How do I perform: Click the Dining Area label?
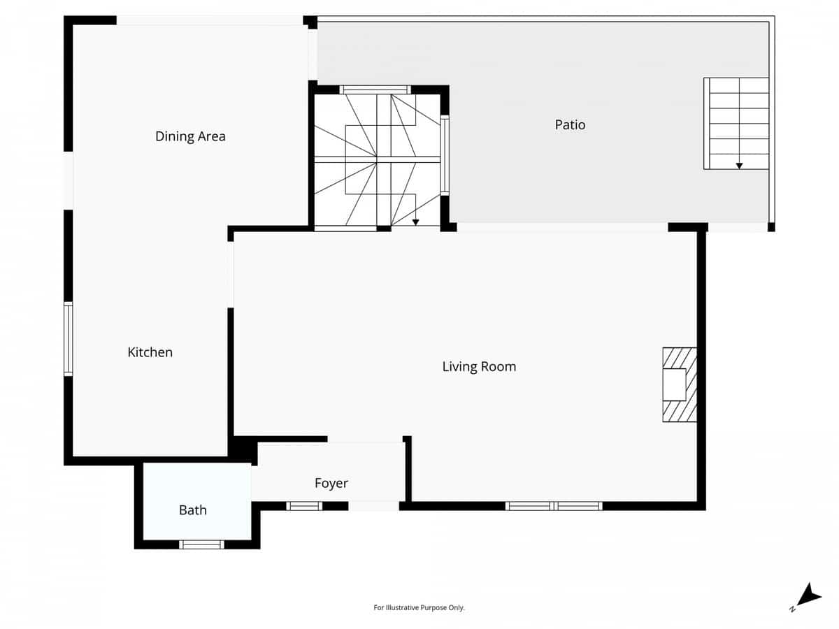[x=190, y=136]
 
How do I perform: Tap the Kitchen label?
[x=150, y=352]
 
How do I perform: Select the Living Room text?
[x=479, y=366]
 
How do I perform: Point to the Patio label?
[x=570, y=125]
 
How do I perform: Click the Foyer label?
[x=331, y=483]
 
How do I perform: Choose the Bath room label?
[x=192, y=510]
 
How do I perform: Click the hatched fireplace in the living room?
[x=680, y=384]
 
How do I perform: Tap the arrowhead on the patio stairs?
[x=739, y=166]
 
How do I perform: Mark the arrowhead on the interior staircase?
[x=415, y=222]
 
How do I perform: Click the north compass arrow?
[x=810, y=595]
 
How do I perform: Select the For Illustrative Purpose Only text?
[x=419, y=608]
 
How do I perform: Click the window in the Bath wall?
[x=201, y=544]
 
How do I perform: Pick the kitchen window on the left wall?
[x=69, y=338]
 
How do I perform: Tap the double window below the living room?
[x=554, y=506]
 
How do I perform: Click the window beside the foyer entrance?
[x=304, y=506]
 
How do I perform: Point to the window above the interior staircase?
[x=375, y=89]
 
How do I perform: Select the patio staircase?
[x=736, y=123]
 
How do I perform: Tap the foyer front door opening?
[x=373, y=506]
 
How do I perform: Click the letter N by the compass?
[x=793, y=609]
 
